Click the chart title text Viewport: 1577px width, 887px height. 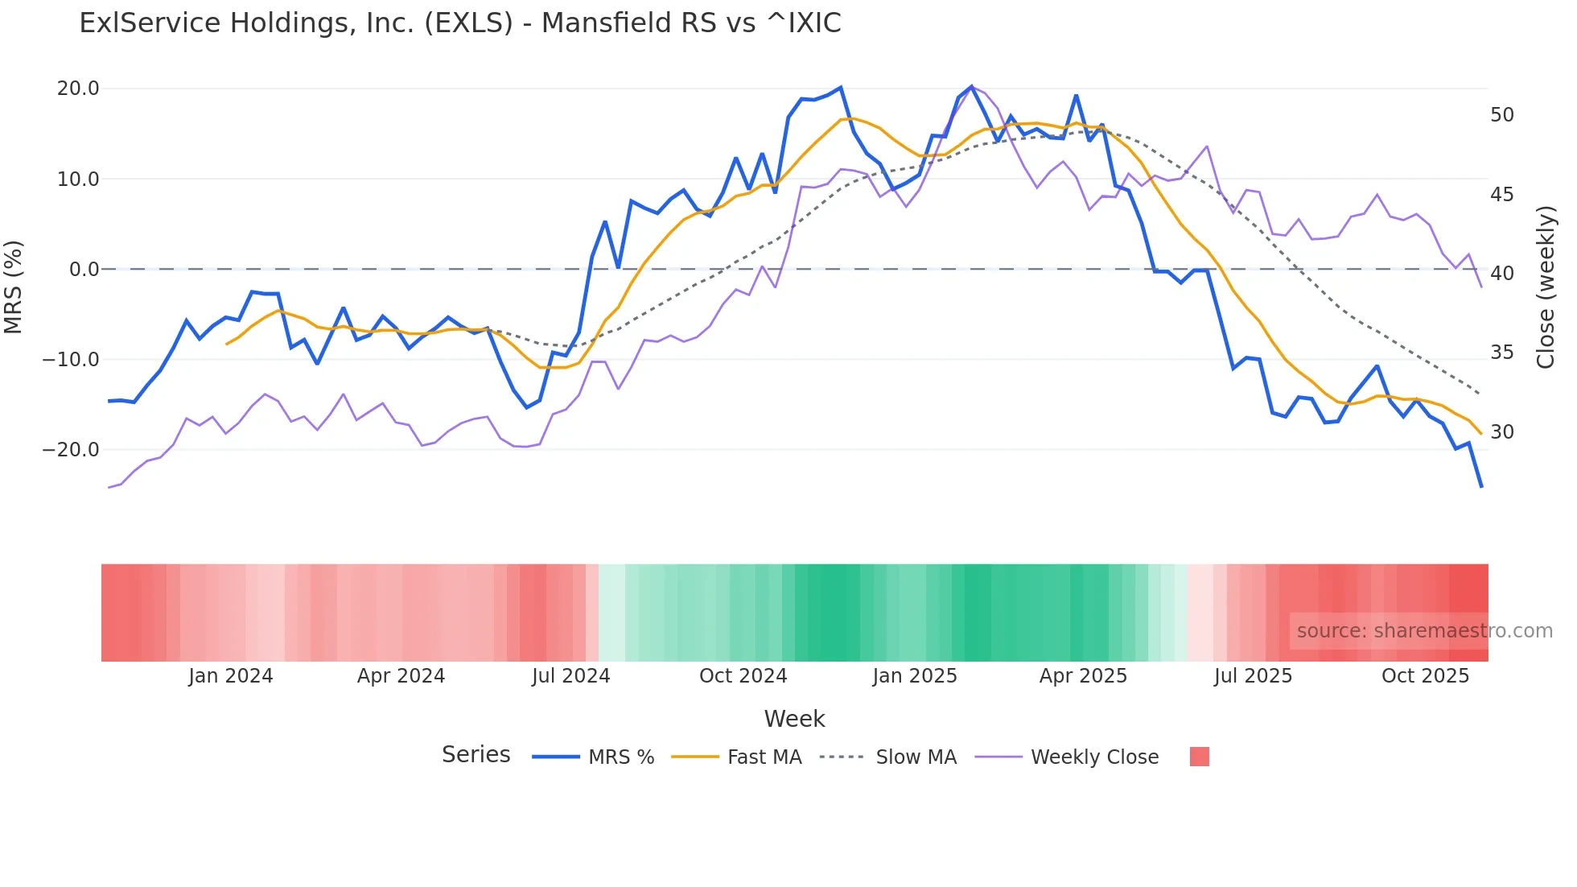point(460,23)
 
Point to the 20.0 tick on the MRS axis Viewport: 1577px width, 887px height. point(78,89)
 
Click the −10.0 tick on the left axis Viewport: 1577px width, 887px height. point(71,360)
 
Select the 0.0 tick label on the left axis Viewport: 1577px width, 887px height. point(84,270)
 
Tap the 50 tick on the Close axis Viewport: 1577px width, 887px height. point(1502,115)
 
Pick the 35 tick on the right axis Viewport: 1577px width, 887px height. point(1502,353)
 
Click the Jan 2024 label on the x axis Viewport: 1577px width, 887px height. point(231,676)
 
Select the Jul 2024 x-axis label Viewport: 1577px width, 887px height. point(571,676)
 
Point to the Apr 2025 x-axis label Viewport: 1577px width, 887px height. point(1083,676)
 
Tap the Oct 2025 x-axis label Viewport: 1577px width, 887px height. point(1425,676)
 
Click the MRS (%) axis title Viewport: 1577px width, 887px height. point(14,287)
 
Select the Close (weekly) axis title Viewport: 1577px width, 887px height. point(1546,287)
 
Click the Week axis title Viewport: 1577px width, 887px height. point(794,719)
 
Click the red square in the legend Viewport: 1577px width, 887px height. point(1199,757)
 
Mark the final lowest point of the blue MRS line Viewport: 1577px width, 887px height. point(1481,486)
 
